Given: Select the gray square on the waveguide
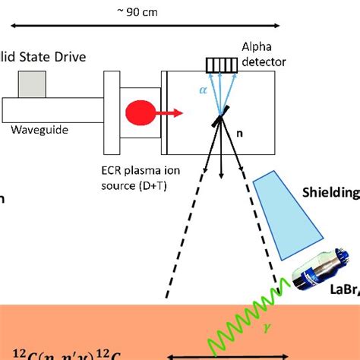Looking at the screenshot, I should coord(32,84).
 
